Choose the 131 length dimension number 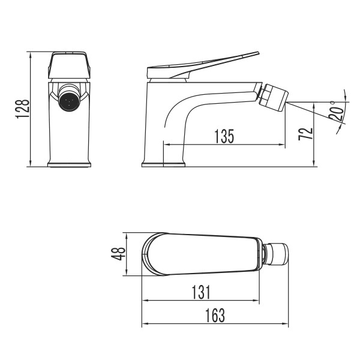click(x=201, y=292)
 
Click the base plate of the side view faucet click(x=163, y=164)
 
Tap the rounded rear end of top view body click(x=146, y=254)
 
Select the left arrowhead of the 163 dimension click(x=144, y=324)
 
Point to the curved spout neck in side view click(x=180, y=108)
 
